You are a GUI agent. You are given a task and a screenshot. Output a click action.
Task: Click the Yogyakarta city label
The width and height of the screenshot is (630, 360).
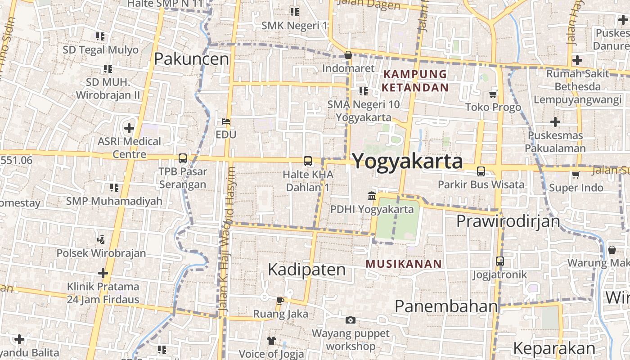(407, 161)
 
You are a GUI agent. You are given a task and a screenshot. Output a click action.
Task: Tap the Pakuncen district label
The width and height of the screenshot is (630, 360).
(192, 58)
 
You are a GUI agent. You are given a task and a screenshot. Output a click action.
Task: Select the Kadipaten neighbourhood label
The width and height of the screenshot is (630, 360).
(306, 269)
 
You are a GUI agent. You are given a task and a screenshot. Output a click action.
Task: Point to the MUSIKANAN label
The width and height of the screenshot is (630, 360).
(403, 264)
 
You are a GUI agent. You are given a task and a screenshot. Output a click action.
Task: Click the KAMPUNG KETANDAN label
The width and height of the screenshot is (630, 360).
(415, 81)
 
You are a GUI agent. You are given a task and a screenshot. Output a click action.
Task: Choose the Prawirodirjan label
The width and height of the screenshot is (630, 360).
(508, 221)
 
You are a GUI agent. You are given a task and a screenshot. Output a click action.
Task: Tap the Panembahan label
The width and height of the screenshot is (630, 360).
(446, 306)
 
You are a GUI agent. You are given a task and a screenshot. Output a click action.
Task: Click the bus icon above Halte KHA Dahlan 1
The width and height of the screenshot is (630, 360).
(308, 161)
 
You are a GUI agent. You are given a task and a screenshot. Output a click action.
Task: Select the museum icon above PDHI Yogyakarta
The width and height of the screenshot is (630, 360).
(372, 196)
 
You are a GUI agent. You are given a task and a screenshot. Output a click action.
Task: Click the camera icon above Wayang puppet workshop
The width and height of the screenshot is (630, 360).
(351, 320)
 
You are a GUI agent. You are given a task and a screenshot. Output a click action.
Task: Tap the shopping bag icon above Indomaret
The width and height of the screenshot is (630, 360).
(348, 55)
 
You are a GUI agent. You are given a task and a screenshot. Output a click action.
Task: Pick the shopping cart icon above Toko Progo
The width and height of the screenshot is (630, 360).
(493, 94)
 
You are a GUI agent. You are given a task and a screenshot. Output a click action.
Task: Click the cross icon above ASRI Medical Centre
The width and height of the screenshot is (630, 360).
(129, 128)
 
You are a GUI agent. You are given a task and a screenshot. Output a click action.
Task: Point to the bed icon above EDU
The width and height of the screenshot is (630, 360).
(226, 121)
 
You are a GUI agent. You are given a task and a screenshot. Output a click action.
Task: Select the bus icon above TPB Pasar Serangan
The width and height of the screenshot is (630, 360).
(182, 158)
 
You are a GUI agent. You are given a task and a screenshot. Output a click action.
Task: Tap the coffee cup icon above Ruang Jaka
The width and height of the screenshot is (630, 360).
(280, 300)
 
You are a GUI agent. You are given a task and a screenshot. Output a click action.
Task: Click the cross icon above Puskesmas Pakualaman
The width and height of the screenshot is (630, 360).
(555, 121)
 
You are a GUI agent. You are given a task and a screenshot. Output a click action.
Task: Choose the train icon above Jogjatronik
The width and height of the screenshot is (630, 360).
(499, 261)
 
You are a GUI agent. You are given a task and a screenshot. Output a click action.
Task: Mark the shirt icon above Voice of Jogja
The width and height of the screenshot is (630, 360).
(271, 340)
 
